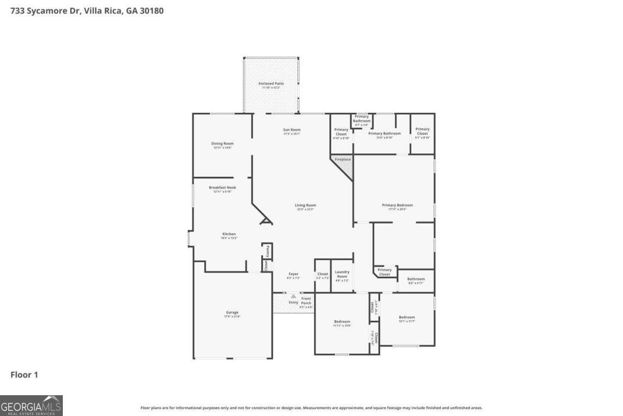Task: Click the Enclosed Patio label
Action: (x=271, y=83)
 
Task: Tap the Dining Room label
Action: (x=222, y=144)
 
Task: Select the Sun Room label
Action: (x=292, y=130)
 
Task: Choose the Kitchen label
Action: (x=229, y=234)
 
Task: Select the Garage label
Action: (x=232, y=313)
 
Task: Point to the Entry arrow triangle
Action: (x=293, y=296)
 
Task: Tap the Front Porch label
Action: (x=306, y=301)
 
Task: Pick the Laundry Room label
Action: (x=342, y=274)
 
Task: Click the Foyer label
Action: (x=293, y=274)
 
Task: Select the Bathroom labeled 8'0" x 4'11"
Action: (x=416, y=279)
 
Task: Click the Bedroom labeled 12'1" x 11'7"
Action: (x=407, y=317)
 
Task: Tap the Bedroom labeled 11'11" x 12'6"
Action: (x=342, y=321)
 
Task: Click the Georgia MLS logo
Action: (x=31, y=405)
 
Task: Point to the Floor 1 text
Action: (x=24, y=374)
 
